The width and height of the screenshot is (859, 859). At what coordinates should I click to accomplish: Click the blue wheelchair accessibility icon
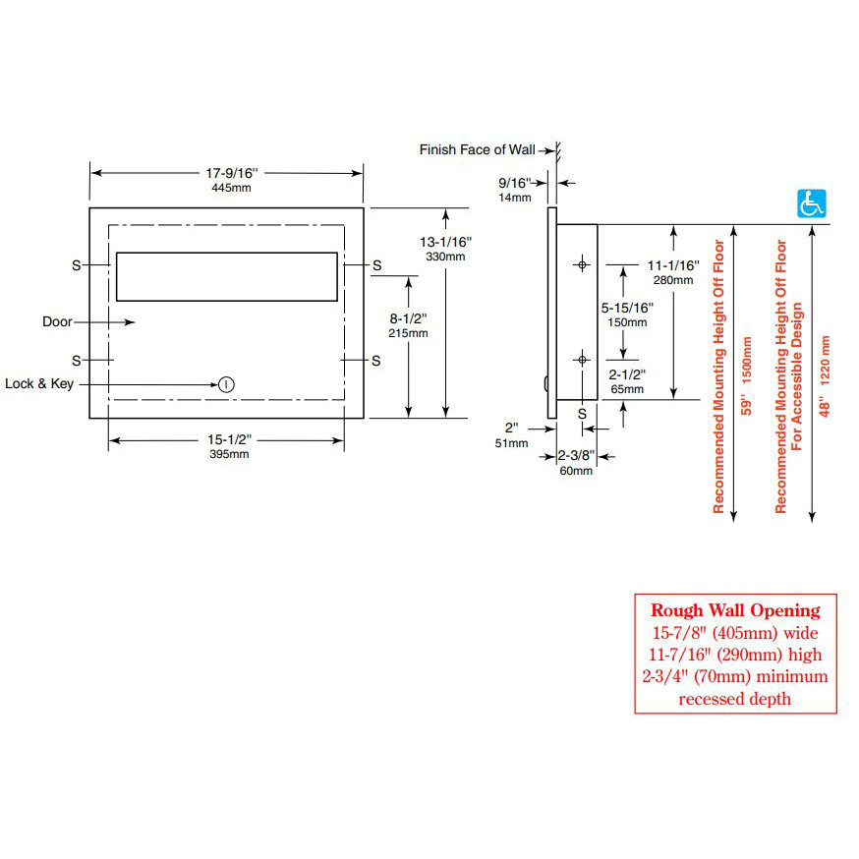point(811,203)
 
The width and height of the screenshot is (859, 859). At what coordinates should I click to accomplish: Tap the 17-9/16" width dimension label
point(226,173)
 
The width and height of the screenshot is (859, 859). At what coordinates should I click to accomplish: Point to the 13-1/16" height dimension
point(445,242)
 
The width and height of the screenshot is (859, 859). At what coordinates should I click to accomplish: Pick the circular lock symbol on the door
point(226,384)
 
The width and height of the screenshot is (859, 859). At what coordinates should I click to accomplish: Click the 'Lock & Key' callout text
point(39,384)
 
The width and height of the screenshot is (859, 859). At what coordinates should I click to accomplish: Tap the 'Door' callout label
point(57,321)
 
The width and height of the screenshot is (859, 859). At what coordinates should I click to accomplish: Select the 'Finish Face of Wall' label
point(477,149)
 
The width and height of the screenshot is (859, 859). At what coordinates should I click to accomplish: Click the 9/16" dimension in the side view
point(514,183)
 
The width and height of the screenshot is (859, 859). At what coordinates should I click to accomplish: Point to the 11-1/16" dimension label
point(673,265)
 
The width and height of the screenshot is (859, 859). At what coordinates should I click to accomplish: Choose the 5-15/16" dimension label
point(624,309)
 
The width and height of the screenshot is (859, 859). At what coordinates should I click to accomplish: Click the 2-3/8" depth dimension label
point(576,456)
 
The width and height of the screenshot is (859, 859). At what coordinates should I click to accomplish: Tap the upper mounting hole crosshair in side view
point(582,265)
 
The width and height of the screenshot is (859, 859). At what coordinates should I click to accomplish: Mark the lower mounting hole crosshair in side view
point(582,361)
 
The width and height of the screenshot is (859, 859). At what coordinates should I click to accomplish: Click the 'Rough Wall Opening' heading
point(734,611)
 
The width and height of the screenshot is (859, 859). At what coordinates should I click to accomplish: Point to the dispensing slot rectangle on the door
point(226,276)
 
